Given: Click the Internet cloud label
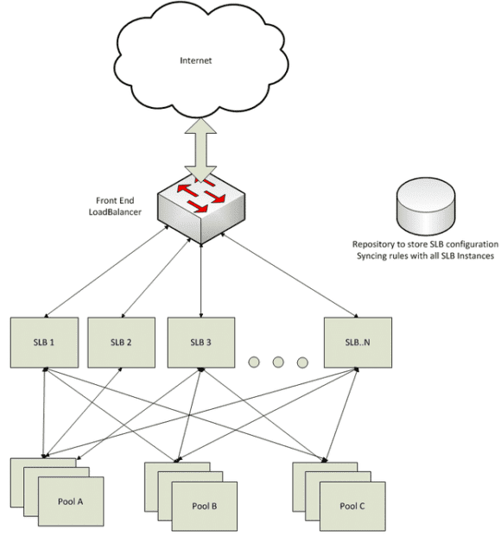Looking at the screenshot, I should coord(194,61).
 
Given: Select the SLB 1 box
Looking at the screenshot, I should coord(44,342).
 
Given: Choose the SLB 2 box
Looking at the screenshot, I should coord(122,342).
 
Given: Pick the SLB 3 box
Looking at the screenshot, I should coord(200,342).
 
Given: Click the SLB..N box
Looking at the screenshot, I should coord(357,342).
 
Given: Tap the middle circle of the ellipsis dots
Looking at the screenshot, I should coord(278,362).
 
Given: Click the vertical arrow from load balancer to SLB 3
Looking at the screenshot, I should coord(200,276).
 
